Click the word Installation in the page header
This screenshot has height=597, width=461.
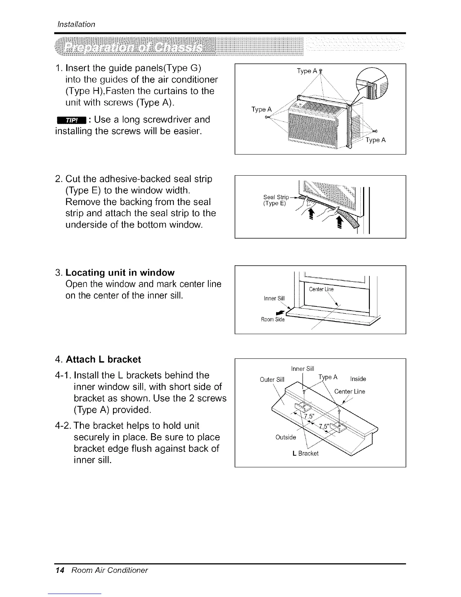(75, 24)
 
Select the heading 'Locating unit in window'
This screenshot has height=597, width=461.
(120, 272)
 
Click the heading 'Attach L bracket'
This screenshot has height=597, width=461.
(103, 360)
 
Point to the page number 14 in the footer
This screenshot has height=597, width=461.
(58, 570)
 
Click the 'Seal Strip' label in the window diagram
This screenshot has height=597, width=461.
(276, 197)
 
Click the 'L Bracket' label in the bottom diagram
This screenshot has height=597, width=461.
(305, 453)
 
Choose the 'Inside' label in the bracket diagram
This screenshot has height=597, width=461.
(358, 379)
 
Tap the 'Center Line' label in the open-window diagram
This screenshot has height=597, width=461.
(321, 289)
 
